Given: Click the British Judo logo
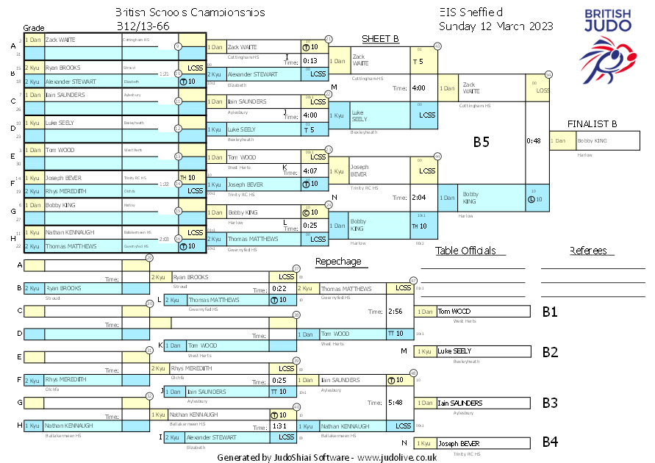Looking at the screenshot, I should click(x=608, y=43).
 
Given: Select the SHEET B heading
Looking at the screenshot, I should click(x=380, y=39).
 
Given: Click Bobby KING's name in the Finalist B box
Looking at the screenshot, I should click(x=595, y=140).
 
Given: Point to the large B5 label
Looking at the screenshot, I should click(x=481, y=142).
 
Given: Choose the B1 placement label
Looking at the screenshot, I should click(x=549, y=312).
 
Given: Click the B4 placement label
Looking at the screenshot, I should click(x=549, y=442).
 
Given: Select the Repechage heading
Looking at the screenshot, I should click(x=338, y=262).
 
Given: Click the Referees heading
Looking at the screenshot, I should click(x=588, y=251).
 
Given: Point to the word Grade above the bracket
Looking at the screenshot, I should click(x=34, y=26).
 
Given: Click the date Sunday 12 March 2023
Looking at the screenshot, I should click(x=496, y=26).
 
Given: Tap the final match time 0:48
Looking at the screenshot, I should click(x=534, y=140).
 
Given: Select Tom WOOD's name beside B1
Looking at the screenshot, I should click(x=454, y=312).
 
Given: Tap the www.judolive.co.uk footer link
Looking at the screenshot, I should click(x=398, y=457).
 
